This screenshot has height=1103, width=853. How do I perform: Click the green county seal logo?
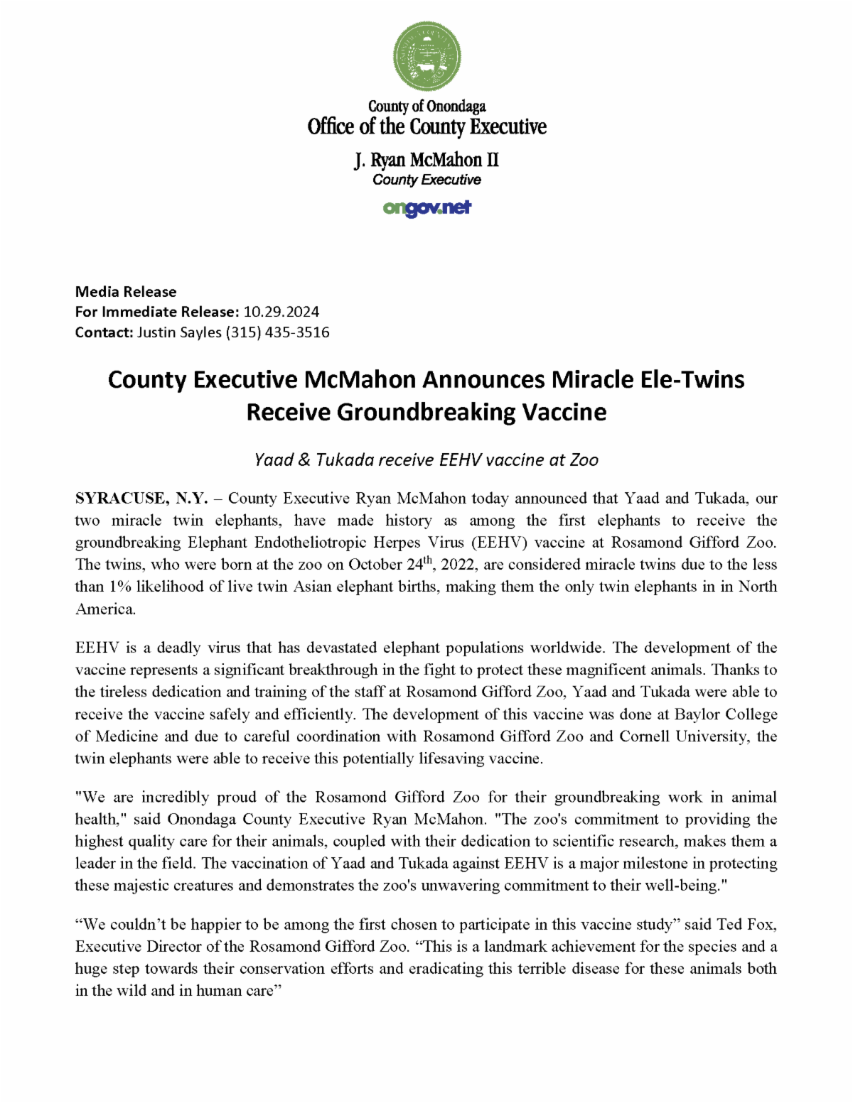click(x=426, y=56)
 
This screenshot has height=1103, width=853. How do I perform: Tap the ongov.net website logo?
click(x=426, y=208)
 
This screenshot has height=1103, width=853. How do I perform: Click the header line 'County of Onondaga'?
click(x=426, y=107)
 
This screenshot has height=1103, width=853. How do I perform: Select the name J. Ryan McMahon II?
click(x=426, y=160)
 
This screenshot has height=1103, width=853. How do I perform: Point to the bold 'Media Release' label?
click(x=126, y=292)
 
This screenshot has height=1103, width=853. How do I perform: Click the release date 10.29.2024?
click(x=281, y=312)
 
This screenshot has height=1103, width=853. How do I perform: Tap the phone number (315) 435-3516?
click(x=278, y=332)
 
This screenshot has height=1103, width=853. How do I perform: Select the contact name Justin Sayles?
click(x=179, y=332)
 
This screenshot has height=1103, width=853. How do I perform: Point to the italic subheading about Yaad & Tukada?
click(x=426, y=460)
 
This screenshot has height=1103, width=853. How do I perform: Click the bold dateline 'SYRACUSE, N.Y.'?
click(x=141, y=499)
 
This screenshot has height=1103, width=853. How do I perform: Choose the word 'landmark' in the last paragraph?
click(x=515, y=947)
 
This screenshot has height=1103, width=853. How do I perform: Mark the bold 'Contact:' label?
click(x=104, y=332)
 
